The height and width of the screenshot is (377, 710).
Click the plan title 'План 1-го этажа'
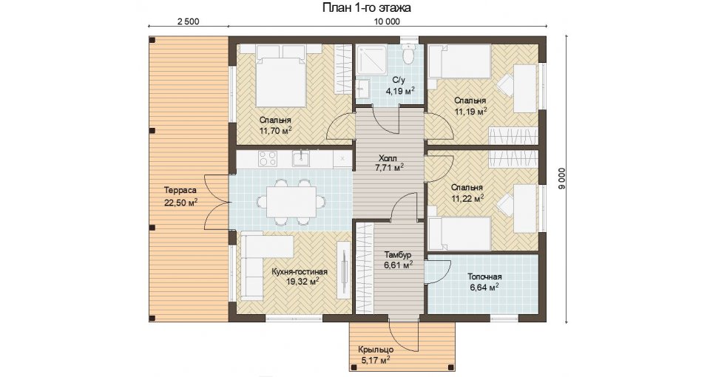coord(366,7)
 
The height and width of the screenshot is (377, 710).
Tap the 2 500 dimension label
coord(189,21)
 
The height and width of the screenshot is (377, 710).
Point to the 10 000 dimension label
coord(386,21)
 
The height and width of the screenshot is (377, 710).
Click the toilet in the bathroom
coord(410,53)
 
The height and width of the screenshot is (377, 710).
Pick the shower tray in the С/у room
coord(371,59)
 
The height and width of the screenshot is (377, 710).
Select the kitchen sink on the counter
coord(300,158)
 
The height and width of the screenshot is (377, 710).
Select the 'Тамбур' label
coord(398,255)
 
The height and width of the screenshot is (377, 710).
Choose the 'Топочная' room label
coord(484,276)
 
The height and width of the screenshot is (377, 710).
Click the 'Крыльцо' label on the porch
coord(376,350)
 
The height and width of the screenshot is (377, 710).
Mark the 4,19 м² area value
coord(400,91)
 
